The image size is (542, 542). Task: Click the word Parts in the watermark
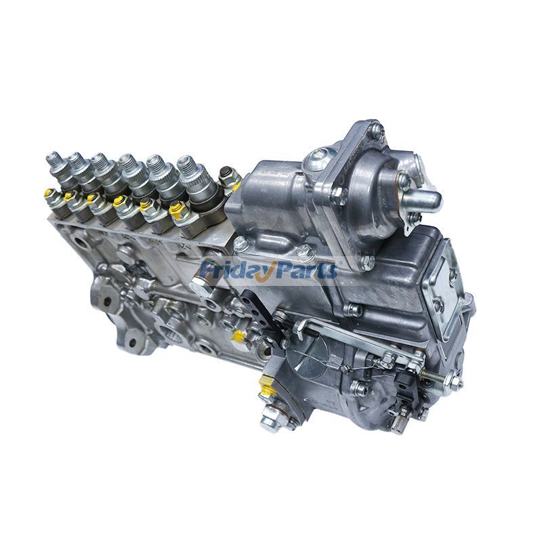click(306, 270)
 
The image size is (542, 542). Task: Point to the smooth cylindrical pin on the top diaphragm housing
click(424, 199)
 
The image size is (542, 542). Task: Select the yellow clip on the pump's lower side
click(237, 336)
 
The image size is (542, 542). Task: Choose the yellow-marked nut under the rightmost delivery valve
click(178, 213)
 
